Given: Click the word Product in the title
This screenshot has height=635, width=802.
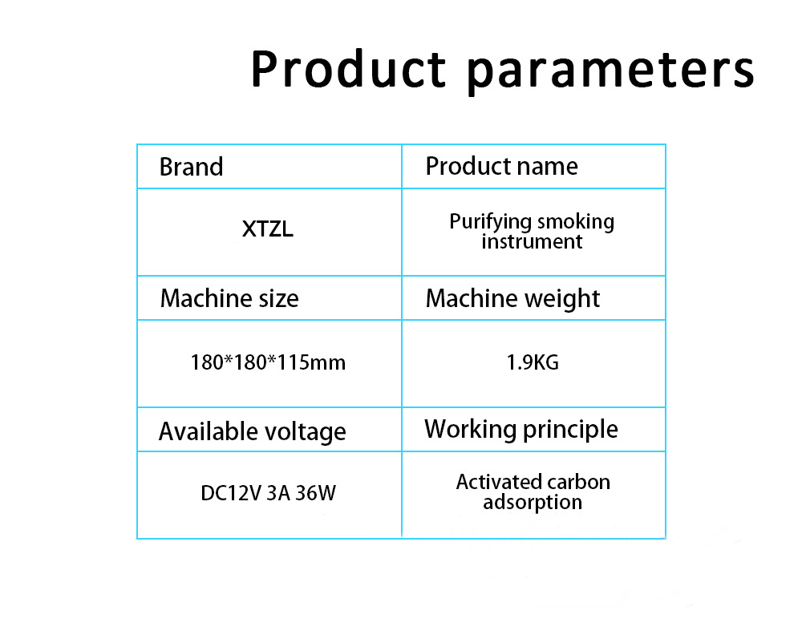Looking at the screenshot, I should point(347,70).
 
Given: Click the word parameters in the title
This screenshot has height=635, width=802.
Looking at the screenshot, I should point(611,70).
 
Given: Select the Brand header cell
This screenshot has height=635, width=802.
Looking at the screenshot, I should point(191,167).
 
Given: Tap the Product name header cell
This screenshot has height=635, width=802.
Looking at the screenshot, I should point(501,166).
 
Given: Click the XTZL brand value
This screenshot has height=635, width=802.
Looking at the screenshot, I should point(268,230).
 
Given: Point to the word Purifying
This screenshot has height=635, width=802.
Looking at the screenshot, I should point(491,222).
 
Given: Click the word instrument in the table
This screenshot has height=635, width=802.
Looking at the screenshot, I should point(532,241).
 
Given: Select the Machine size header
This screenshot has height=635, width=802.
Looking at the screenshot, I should point(229,298).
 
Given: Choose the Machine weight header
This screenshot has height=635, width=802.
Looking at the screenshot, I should point(512,298).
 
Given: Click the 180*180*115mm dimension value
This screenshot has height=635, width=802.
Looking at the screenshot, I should point(268,362).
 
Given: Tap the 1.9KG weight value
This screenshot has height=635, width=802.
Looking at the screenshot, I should point(533,362).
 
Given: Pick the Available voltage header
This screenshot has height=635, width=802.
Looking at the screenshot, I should point(253,431).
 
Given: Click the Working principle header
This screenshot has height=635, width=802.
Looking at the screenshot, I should point(521,429).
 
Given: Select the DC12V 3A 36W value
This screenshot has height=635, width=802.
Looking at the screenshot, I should point(268,493).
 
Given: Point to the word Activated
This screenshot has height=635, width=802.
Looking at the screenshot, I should point(498,482).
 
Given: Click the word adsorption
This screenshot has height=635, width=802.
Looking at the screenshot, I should point(533,504).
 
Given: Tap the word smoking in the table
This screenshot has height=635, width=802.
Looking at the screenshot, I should point(576,222).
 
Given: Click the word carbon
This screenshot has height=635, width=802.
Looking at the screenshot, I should point(580,482).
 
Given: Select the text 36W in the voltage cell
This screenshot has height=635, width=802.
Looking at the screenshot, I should point(315,493).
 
